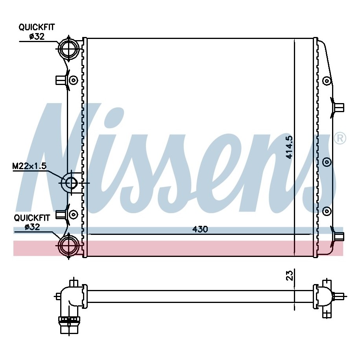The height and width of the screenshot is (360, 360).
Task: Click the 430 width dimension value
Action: pos(200,229)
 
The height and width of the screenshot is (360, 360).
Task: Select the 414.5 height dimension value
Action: pos(289,147)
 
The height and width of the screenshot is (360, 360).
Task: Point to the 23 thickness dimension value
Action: pos(290,275)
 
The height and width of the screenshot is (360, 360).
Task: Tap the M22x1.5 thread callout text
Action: pos(30,166)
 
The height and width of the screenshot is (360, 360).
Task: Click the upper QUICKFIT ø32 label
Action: pos(37,32)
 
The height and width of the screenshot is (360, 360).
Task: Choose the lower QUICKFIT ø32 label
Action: pos(32,222)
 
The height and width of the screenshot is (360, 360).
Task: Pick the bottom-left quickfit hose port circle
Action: pos(68,246)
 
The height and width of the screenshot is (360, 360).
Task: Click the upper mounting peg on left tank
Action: pos(61,80)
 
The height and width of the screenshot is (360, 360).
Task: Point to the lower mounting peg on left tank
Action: pos(61,214)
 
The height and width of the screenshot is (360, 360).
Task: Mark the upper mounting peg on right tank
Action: pos(338,107)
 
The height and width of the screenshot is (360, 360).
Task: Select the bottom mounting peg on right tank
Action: pos(338,236)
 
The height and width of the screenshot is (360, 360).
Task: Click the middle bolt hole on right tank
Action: pos(327,162)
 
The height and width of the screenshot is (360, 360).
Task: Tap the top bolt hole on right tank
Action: pos(327,81)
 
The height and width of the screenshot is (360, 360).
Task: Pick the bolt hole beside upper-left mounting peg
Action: pos(74,80)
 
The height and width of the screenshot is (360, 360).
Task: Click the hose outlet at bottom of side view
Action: pos(69,325)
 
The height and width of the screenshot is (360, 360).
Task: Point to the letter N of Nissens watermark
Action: pos(57,157)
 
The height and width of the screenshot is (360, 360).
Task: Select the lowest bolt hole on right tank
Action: pos(327,211)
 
